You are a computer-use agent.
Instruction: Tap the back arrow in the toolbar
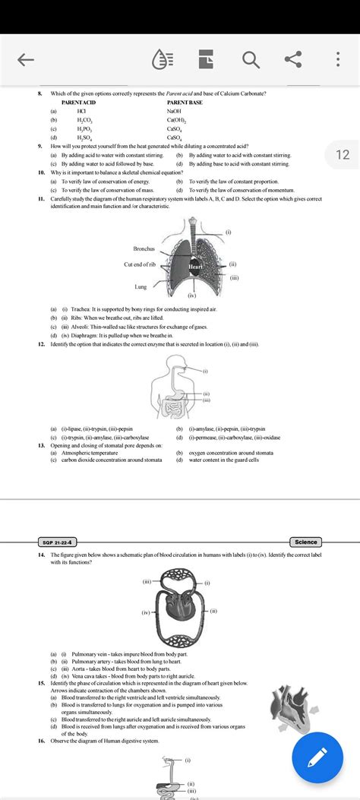[x=27, y=59]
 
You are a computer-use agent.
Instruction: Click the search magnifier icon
[x=251, y=59]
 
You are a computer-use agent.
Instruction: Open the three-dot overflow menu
[x=337, y=59]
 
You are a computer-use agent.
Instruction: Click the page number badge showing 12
[x=342, y=155]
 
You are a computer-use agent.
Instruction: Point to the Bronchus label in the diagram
[x=144, y=248]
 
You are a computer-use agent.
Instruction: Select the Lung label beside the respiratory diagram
[x=141, y=287]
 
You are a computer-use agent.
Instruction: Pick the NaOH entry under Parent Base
[x=174, y=111]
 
